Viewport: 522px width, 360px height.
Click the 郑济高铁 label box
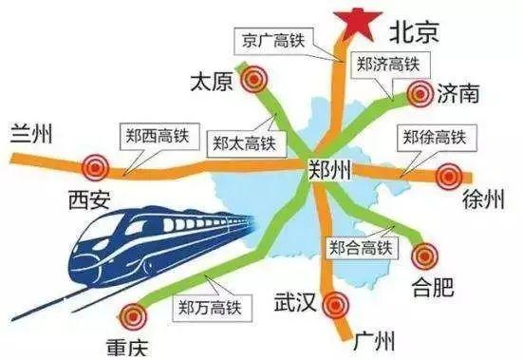tap(389, 64)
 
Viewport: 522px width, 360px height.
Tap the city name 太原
tap(211, 82)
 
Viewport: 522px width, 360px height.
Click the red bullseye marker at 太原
tap(252, 83)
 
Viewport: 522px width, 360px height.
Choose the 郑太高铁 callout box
tap(244, 144)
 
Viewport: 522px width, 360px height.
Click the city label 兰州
tap(31, 133)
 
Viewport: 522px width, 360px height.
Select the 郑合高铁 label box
tap(359, 247)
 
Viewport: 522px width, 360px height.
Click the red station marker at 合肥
tap(425, 255)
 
